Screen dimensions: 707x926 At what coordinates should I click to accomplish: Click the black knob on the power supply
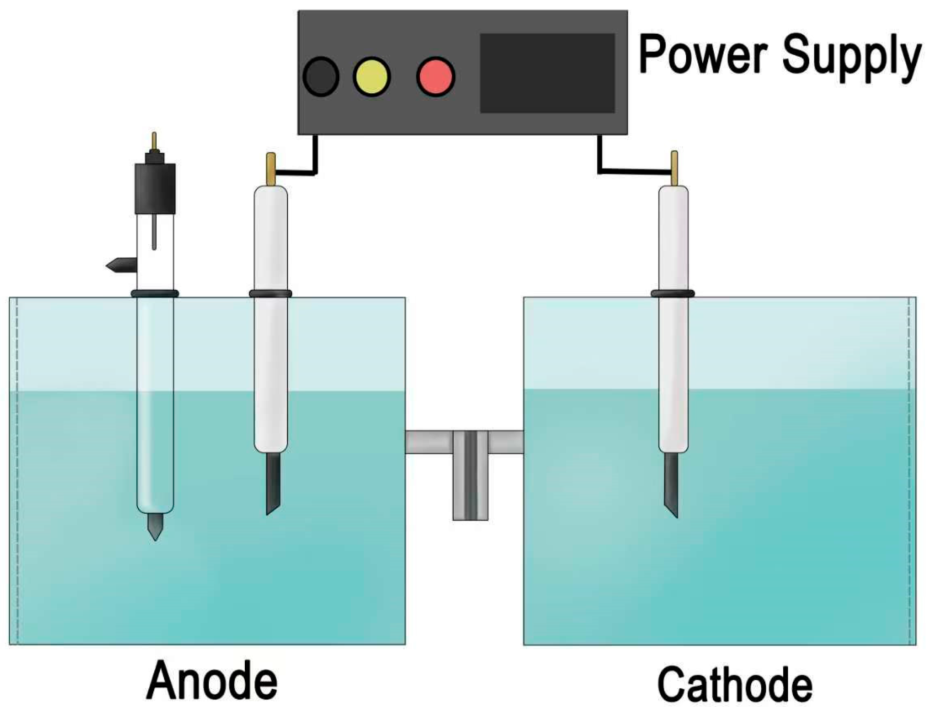pos(320,77)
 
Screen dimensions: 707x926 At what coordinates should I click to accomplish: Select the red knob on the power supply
pos(435,77)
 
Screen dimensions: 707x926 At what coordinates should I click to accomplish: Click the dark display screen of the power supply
pos(547,73)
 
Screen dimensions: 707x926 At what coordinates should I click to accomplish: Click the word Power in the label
pos(703,56)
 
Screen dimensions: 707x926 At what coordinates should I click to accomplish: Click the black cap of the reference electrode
pos(155,188)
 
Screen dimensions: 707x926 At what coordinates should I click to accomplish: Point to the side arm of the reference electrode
pos(122,265)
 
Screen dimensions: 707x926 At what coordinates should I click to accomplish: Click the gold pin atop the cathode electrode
pos(675,168)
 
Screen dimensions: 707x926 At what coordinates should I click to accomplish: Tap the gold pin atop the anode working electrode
pos(271,169)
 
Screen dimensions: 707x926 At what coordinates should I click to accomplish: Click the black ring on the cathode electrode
pos(672,293)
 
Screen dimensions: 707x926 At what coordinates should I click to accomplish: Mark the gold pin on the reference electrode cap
pos(154,141)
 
